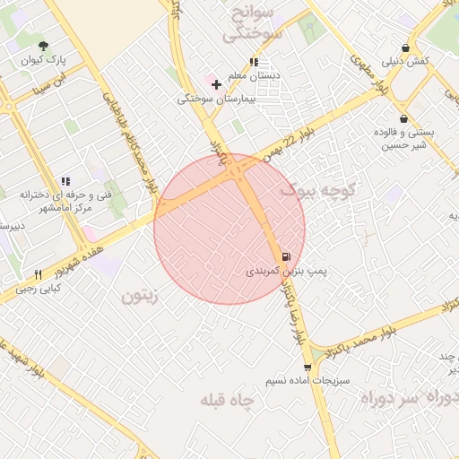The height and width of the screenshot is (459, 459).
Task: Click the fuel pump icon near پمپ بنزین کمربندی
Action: click(x=286, y=256)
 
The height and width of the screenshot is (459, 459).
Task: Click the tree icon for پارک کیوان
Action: click(x=44, y=46)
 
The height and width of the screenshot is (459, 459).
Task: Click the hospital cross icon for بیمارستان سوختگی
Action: click(x=216, y=84)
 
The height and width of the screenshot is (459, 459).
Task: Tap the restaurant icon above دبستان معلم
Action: click(x=254, y=62)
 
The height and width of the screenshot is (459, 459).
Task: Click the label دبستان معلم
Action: click(x=255, y=76)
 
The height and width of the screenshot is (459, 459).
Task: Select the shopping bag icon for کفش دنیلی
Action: click(x=406, y=48)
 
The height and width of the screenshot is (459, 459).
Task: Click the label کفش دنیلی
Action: click(x=406, y=62)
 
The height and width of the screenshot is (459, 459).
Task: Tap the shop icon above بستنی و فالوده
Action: click(x=403, y=118)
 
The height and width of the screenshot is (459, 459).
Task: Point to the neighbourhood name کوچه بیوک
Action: click(x=318, y=190)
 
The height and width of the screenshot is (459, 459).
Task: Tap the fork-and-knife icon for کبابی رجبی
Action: click(x=38, y=274)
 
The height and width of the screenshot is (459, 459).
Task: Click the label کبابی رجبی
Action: click(x=37, y=289)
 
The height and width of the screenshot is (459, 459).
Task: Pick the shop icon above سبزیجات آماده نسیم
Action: click(x=308, y=367)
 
